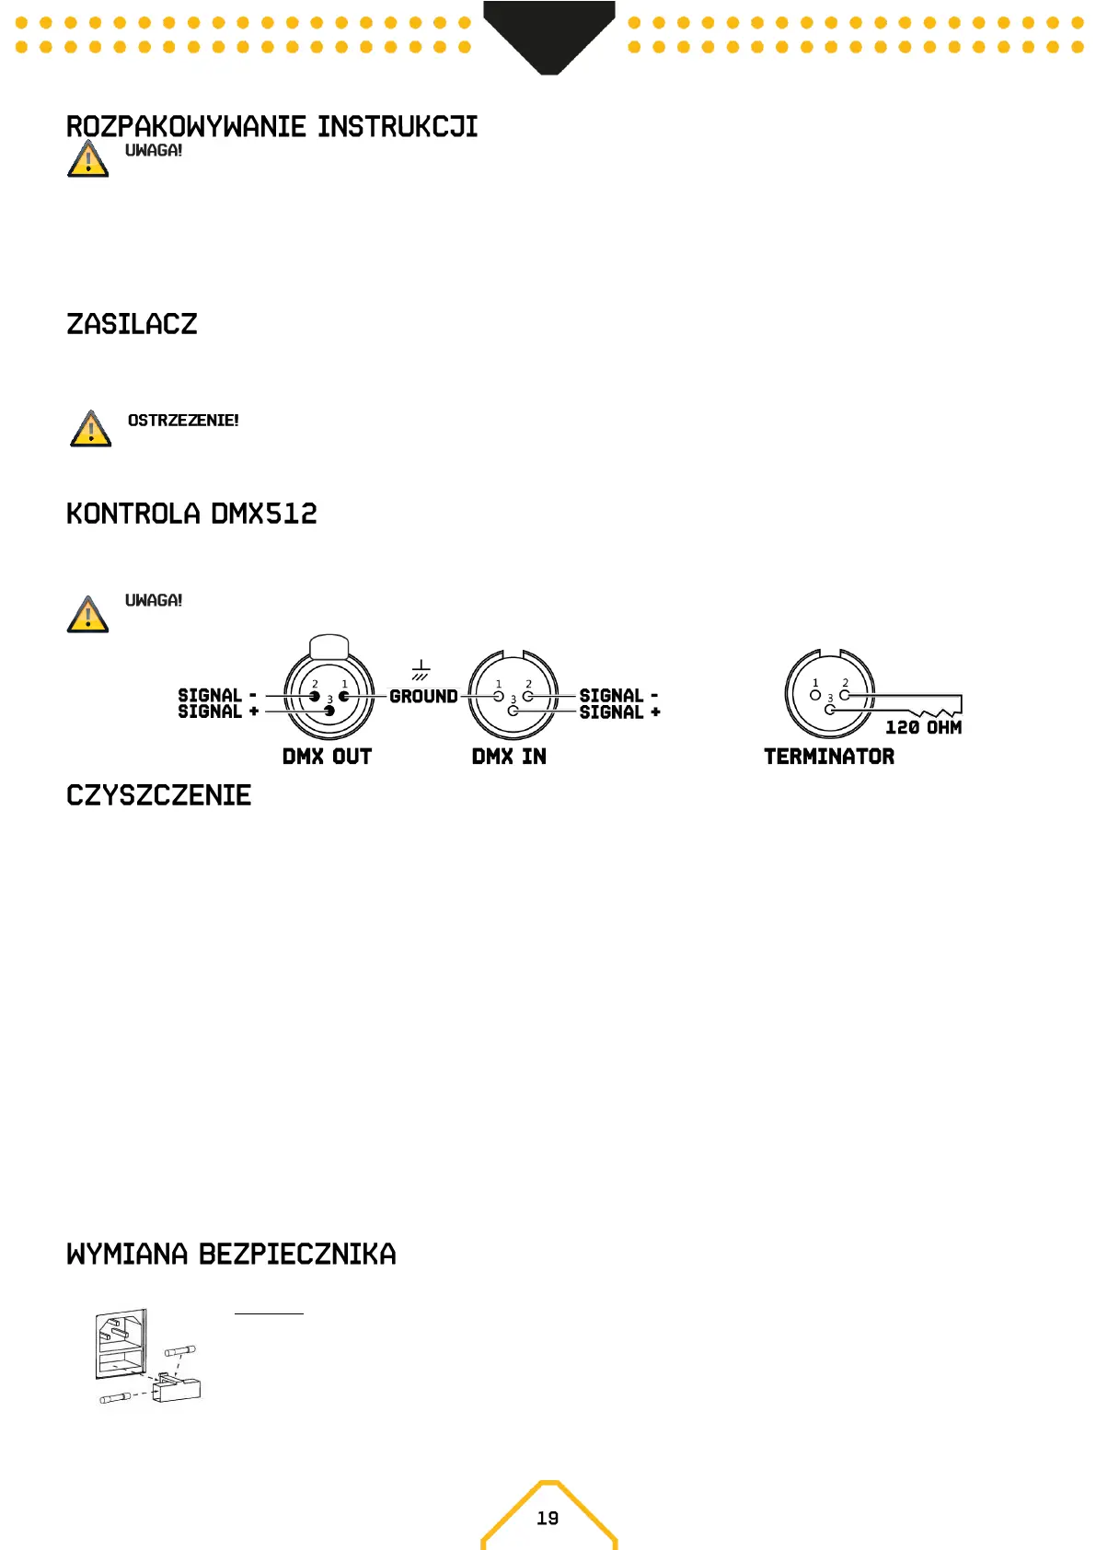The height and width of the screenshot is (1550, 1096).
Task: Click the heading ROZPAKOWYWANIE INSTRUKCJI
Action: (x=271, y=126)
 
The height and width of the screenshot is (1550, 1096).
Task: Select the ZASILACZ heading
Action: (x=132, y=324)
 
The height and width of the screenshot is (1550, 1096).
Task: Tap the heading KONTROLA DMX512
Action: (x=191, y=514)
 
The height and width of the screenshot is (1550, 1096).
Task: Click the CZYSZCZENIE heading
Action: (x=158, y=795)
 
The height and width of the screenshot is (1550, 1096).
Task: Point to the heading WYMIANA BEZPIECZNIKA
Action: (x=231, y=1254)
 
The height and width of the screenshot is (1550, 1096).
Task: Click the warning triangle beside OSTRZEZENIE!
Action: (x=90, y=430)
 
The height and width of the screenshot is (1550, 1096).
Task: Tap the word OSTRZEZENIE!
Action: (x=183, y=421)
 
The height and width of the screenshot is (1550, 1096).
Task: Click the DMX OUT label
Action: (x=327, y=757)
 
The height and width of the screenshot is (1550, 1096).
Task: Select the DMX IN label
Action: (x=509, y=757)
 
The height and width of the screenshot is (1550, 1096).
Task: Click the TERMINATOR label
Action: (x=829, y=757)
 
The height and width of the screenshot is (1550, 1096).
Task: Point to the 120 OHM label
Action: (x=923, y=727)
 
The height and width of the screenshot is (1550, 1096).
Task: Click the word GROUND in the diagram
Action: (x=423, y=696)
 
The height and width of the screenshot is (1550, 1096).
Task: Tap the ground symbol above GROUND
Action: (x=421, y=670)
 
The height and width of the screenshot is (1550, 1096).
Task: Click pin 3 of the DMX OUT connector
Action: (x=329, y=711)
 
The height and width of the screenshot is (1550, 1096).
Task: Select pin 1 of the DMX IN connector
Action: (x=499, y=696)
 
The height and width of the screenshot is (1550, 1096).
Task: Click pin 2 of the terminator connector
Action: (x=845, y=695)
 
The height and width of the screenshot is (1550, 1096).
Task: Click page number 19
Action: (x=548, y=1518)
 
